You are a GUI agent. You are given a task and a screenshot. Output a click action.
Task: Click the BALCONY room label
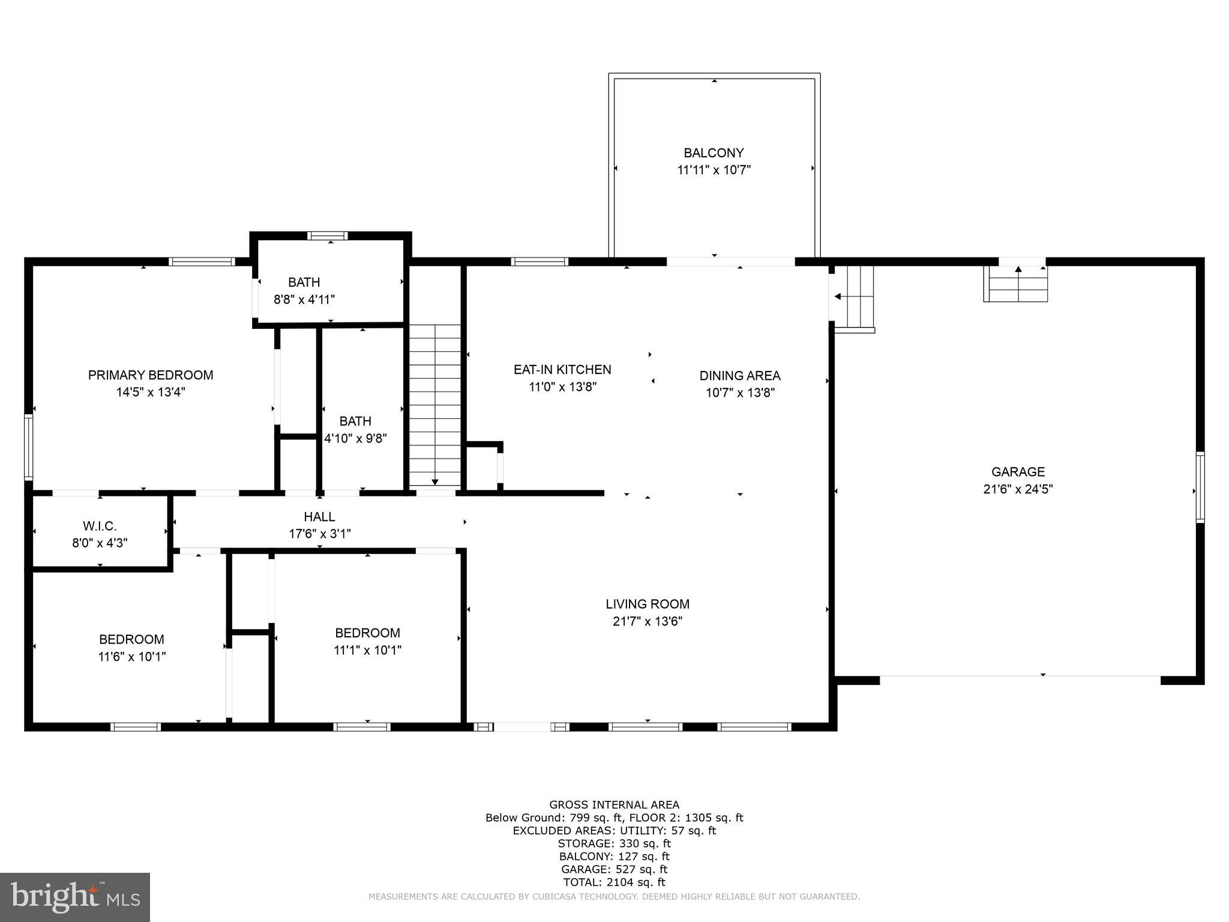click(x=714, y=153)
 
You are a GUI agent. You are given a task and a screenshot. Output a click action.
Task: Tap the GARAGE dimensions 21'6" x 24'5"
click(x=1018, y=489)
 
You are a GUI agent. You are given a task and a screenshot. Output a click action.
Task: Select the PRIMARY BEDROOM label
click(x=151, y=375)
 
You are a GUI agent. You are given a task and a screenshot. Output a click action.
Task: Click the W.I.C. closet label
click(x=100, y=526)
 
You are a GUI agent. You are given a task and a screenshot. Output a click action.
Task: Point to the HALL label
click(x=319, y=517)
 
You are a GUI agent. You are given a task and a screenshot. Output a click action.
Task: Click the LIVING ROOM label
click(x=647, y=604)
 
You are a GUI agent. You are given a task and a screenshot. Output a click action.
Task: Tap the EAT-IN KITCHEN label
click(x=562, y=370)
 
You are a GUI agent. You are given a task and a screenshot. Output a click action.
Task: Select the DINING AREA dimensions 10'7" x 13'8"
click(x=740, y=393)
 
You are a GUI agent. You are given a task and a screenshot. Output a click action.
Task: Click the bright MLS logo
click(x=75, y=897)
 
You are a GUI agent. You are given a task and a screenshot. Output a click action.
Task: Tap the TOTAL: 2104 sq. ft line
click(x=614, y=882)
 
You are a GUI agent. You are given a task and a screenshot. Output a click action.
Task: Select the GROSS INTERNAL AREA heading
click(x=614, y=805)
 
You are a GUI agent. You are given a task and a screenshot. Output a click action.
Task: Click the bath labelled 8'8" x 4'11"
click(x=304, y=291)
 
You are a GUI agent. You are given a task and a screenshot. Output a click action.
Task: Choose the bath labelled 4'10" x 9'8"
click(x=355, y=430)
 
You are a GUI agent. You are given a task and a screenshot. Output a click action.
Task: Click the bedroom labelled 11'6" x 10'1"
click(x=131, y=648)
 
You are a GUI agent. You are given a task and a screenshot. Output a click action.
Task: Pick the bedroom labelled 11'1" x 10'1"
click(x=367, y=641)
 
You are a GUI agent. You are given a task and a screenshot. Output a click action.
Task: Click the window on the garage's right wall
click(x=1200, y=487)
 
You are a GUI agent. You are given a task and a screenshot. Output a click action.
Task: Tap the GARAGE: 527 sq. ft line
click(x=614, y=869)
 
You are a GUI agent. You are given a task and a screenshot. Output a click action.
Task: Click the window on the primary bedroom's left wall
click(x=28, y=447)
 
